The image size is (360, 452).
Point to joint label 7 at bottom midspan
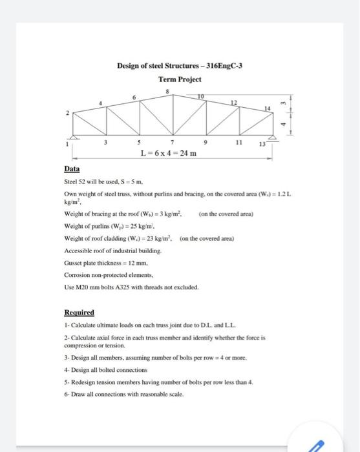[x=173, y=142]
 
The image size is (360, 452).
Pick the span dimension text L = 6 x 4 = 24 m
[x=169, y=153]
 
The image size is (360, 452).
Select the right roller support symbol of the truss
[x=272, y=138]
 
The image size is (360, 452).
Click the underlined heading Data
[x=72, y=169]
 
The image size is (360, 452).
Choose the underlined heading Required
[x=79, y=312]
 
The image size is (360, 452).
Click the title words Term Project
[x=180, y=79]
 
